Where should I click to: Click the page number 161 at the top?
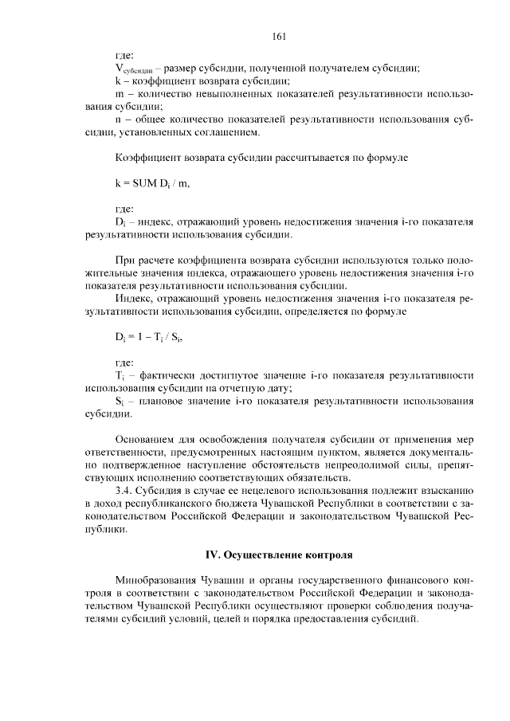(x=278, y=35)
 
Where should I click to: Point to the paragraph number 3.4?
(x=127, y=489)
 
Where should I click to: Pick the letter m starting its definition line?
(x=119, y=93)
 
